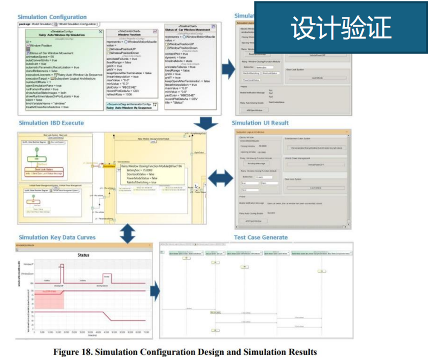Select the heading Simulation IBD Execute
tap(51, 123)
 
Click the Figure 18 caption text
tap(185, 352)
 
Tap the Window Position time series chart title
tap(131, 34)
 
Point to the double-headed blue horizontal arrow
tap(217, 178)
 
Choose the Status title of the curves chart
tap(82, 255)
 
